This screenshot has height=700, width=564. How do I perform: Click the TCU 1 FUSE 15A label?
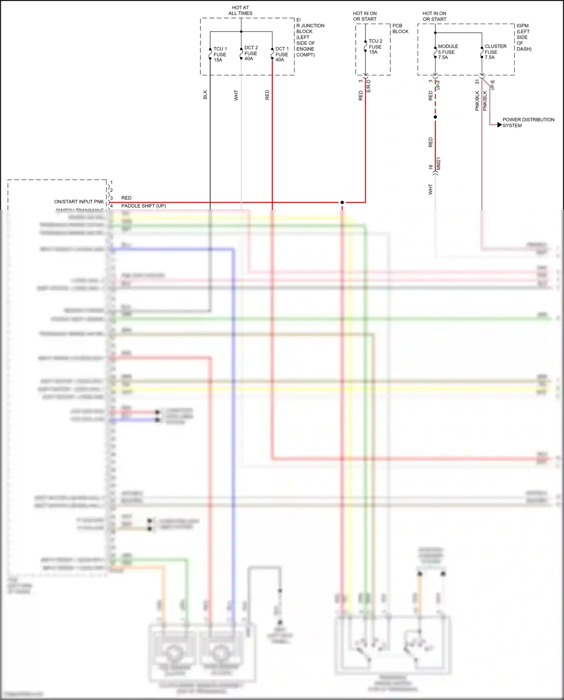[x=220, y=54]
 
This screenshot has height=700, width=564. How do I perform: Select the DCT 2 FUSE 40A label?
[x=251, y=53]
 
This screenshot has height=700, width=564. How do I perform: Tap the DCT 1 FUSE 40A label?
[x=282, y=54]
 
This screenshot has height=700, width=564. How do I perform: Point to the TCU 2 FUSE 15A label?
[x=375, y=46]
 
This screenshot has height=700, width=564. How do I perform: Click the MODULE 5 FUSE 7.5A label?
[x=447, y=52]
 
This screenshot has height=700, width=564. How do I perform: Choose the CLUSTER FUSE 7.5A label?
[x=495, y=52]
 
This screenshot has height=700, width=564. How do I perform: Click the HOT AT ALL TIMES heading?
[x=240, y=10]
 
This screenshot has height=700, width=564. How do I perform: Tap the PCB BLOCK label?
[x=400, y=29]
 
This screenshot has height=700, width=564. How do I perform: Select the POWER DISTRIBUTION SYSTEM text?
[x=528, y=123]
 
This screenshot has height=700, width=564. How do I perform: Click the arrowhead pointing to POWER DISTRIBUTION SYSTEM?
[x=499, y=125]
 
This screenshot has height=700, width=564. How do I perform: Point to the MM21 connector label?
[x=438, y=164]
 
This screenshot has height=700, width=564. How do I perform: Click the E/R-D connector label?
[x=368, y=86]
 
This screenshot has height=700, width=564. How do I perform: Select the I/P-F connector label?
[x=438, y=85]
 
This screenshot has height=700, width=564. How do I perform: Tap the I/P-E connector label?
[x=493, y=85]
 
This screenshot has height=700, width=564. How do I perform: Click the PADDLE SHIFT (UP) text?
[x=143, y=206]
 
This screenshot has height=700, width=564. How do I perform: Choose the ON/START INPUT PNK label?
[x=79, y=202]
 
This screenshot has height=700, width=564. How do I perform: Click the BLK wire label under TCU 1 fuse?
[x=205, y=94]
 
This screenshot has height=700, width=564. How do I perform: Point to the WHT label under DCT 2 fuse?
[x=236, y=95]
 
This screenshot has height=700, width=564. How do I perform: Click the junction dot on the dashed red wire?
[x=435, y=117]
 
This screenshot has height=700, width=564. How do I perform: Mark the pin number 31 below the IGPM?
[x=477, y=81]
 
